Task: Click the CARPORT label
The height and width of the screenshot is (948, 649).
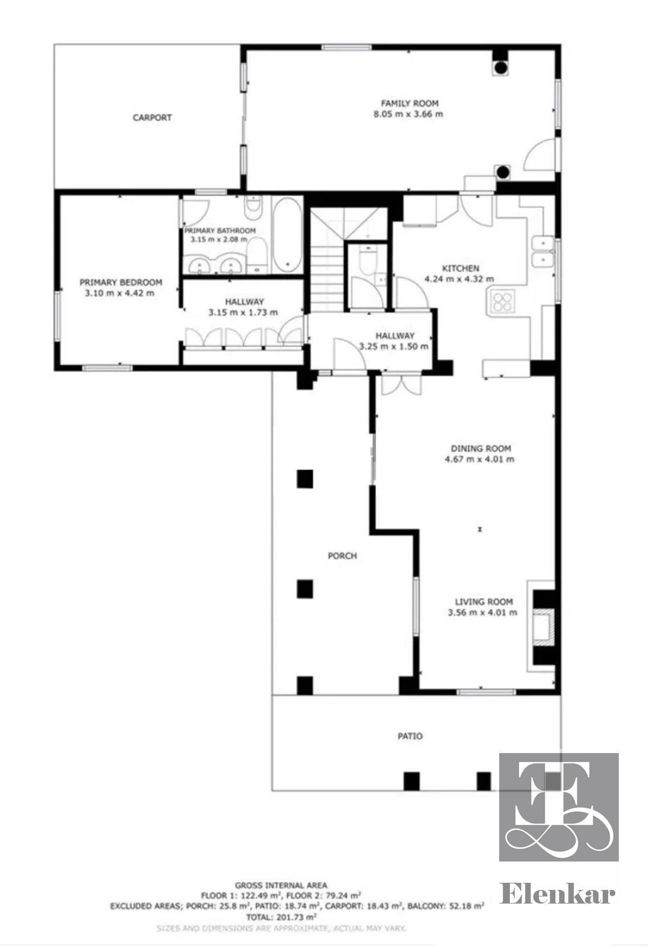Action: [x=152, y=118]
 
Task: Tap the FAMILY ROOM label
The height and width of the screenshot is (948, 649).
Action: [x=410, y=103]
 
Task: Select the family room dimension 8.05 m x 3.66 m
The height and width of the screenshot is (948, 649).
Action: [x=408, y=114]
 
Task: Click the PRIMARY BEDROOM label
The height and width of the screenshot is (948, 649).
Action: [x=121, y=282]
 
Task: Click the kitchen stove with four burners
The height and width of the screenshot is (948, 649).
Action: [x=502, y=302]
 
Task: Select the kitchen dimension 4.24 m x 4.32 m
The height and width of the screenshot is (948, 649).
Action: [x=459, y=279]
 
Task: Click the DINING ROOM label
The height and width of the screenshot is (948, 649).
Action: [x=481, y=449]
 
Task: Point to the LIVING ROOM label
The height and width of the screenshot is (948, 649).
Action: [x=484, y=602]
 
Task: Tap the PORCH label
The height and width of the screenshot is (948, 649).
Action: [x=342, y=556]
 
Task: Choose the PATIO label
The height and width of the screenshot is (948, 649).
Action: [x=410, y=736]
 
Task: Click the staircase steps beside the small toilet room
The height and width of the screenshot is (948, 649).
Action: [x=327, y=277]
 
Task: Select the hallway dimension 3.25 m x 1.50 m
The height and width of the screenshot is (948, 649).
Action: [x=393, y=347]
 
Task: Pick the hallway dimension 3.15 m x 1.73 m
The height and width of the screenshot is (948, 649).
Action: [x=243, y=313]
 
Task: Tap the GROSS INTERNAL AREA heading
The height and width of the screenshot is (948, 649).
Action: [x=281, y=885]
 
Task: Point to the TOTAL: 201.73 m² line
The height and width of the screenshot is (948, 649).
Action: [x=281, y=917]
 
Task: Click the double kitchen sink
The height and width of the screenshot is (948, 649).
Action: [x=542, y=252]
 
